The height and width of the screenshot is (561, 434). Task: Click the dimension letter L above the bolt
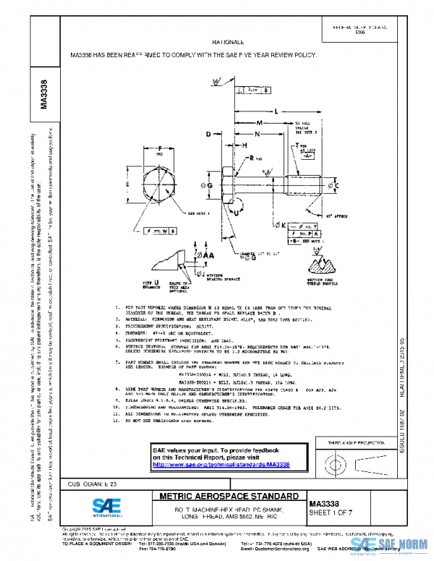pyautogui.click(x=277, y=111)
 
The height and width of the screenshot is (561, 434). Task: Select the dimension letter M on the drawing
pyautogui.click(x=258, y=122)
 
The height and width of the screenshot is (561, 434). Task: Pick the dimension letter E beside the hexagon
pyautogui.click(x=129, y=185)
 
